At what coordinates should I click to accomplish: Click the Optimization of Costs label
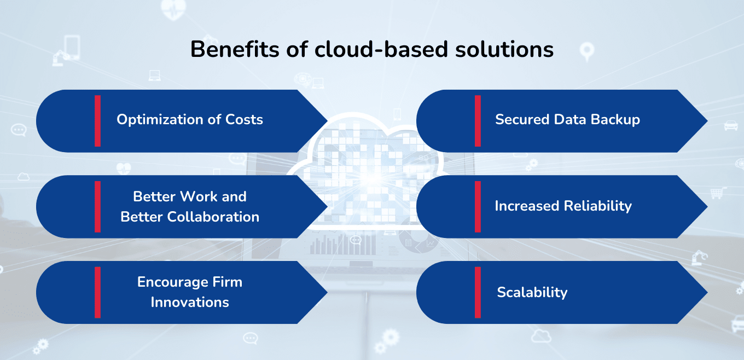[189, 120]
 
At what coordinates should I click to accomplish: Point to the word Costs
[244, 120]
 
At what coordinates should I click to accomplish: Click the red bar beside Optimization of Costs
[97, 121]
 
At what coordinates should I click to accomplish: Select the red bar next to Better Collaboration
[97, 207]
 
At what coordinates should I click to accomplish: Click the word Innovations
[190, 302]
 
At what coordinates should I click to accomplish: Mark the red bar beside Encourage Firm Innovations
[97, 292]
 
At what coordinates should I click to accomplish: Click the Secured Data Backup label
[567, 120]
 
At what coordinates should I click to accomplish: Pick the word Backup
[617, 120]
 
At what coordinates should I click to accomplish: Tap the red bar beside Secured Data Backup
[478, 121]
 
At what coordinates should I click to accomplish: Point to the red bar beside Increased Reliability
[478, 207]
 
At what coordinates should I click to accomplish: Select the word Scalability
[532, 293]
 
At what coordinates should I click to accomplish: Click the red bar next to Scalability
[478, 292]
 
